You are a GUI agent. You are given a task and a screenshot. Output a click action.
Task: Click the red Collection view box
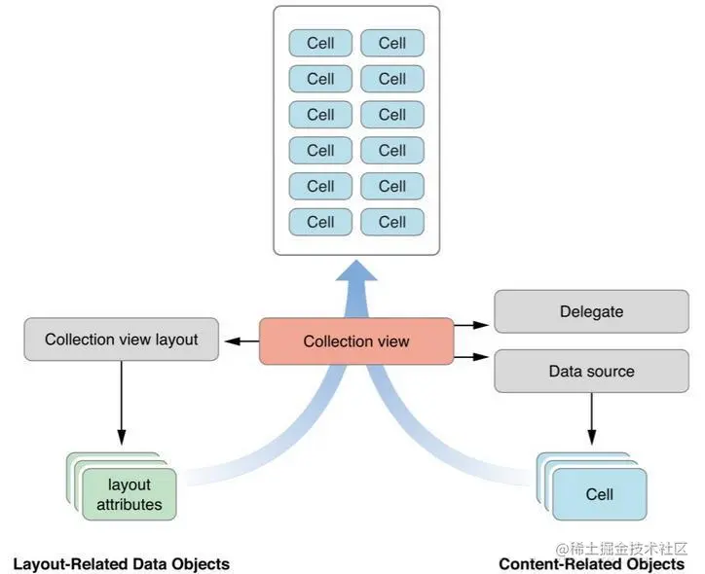[356, 341]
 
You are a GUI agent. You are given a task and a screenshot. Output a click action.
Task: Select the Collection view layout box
[121, 341]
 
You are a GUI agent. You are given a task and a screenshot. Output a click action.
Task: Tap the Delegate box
[591, 312]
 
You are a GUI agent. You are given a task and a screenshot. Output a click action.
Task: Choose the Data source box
[591, 371]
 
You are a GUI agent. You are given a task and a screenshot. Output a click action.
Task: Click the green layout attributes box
[129, 494]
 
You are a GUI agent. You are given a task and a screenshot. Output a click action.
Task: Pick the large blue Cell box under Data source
[600, 494]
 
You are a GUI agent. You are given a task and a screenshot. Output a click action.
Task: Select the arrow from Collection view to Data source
[473, 358]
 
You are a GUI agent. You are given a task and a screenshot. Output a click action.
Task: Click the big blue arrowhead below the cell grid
[355, 276]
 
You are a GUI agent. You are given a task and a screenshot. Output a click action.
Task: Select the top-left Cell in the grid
[320, 43]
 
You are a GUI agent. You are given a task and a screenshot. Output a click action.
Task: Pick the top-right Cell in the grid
[392, 43]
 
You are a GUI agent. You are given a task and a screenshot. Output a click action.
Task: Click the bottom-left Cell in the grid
[320, 222]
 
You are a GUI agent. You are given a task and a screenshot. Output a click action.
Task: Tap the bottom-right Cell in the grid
[392, 222]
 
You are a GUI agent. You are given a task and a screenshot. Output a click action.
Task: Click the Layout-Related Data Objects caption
[121, 564]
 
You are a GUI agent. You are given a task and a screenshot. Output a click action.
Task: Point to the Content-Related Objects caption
[591, 564]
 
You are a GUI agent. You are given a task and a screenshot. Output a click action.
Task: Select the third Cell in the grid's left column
[320, 115]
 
